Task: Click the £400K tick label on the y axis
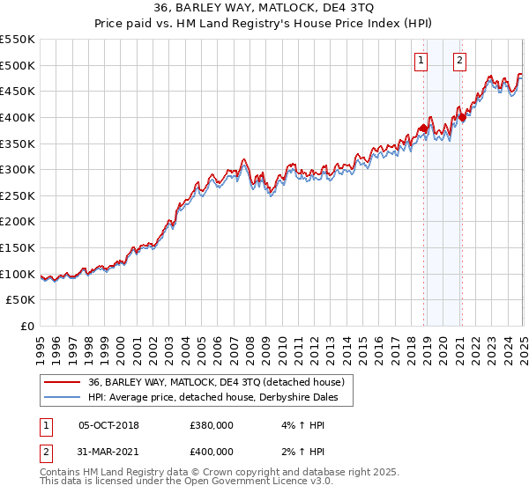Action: pos(19,117)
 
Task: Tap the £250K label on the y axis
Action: pos(19,195)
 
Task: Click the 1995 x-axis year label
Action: pos(41,344)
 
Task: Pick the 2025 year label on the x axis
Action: pos(523,344)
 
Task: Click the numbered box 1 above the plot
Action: pos(421,61)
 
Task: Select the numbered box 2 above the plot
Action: pos(460,61)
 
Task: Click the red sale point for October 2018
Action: pos(423,129)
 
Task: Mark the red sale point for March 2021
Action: pos(462,118)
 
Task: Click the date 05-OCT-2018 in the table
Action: pos(108,425)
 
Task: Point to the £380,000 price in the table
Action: pos(212,425)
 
